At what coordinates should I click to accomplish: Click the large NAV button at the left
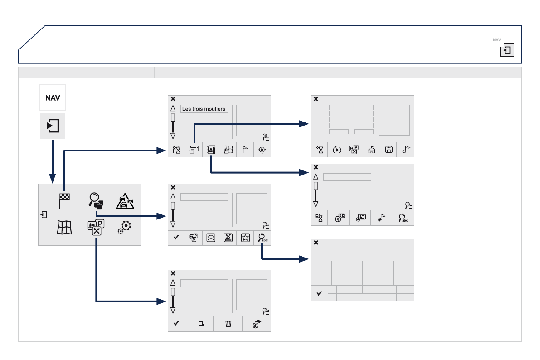[x=53, y=97]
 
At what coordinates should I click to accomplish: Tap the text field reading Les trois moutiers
[x=204, y=109]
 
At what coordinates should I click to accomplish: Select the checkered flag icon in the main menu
[x=65, y=200]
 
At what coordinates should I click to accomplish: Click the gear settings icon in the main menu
[x=125, y=227]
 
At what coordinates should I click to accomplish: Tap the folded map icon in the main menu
[x=64, y=227]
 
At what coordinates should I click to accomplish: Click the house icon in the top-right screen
[x=371, y=150]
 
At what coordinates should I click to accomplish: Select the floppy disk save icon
[x=389, y=150]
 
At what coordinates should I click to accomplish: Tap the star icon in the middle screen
[x=245, y=238]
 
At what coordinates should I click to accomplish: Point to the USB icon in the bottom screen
[x=257, y=324]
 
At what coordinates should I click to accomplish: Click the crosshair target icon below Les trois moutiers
[x=263, y=150]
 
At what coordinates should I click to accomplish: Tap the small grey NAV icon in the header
[x=496, y=39]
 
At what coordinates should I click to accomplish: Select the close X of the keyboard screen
[x=316, y=243]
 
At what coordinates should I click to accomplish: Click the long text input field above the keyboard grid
[x=374, y=251]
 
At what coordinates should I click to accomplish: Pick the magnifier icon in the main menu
[x=95, y=200]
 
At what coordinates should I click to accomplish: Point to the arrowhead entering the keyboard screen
[x=305, y=259]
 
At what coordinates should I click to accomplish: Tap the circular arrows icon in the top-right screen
[x=337, y=150]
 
